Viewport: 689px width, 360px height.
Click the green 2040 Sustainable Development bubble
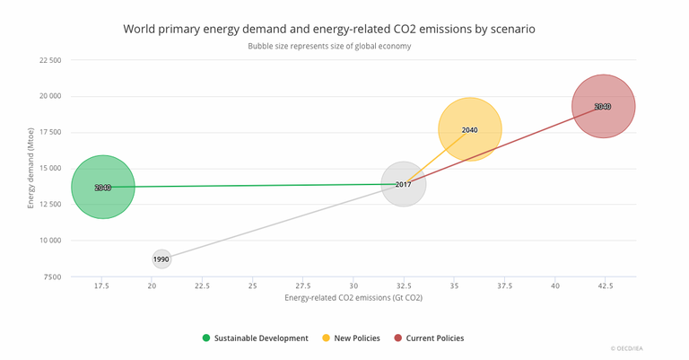(102, 187)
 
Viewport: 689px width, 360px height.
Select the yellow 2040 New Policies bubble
(469, 129)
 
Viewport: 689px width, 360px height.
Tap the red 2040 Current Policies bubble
(603, 106)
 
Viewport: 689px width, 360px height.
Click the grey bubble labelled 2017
(403, 184)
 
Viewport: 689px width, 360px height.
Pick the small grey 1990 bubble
(161, 259)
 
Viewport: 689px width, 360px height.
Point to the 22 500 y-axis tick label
(48, 60)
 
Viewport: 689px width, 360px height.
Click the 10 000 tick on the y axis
(48, 241)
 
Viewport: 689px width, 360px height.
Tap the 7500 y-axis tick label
(51, 277)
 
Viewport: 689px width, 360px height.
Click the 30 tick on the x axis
(353, 285)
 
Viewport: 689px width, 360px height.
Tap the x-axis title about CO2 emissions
(353, 297)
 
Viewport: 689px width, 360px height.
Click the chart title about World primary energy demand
(329, 29)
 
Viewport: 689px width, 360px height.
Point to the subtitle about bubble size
(329, 46)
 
